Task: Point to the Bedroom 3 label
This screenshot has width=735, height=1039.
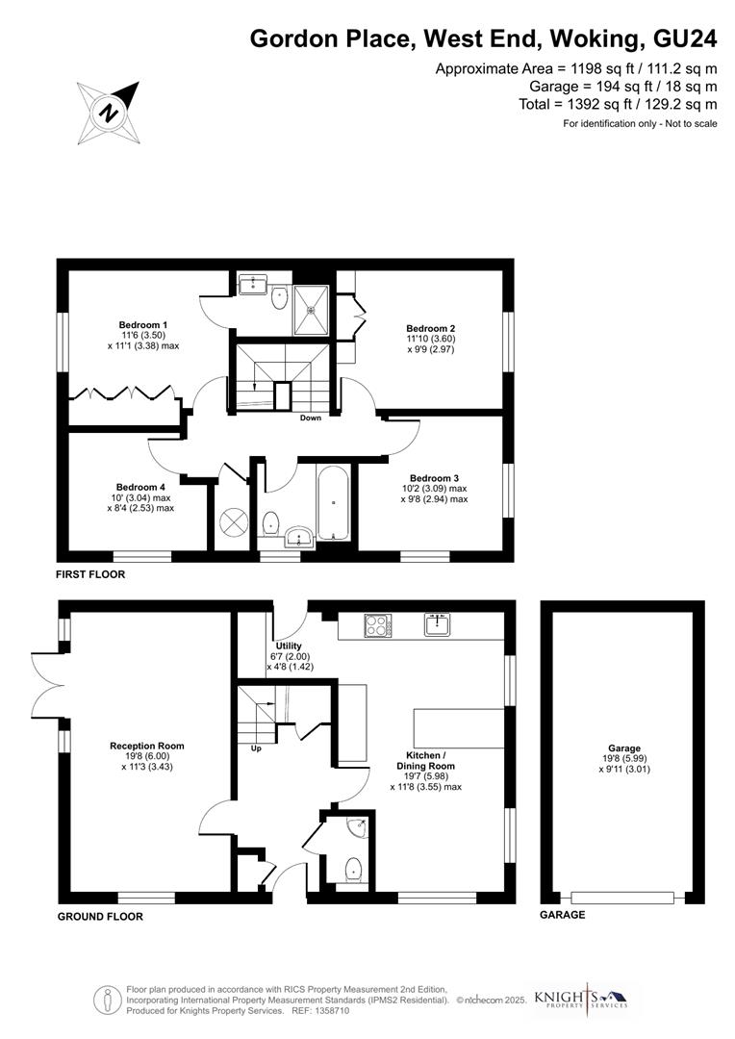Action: coord(434,478)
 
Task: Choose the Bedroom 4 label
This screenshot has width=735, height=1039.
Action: coord(140,487)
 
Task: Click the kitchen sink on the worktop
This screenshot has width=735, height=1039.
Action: coord(439,625)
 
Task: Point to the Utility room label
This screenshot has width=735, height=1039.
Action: coord(289,646)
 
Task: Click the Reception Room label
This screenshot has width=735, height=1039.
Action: coord(146,746)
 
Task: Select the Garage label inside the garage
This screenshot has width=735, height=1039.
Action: coord(623,748)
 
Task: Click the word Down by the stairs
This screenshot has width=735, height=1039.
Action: coord(311,418)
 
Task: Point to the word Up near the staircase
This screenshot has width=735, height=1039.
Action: coord(255,748)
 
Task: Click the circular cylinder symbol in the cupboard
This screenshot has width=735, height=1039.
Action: coord(232,522)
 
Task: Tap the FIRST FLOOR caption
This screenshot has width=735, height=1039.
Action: coord(90,574)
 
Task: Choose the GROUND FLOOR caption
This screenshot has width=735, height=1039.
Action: coord(100,917)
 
